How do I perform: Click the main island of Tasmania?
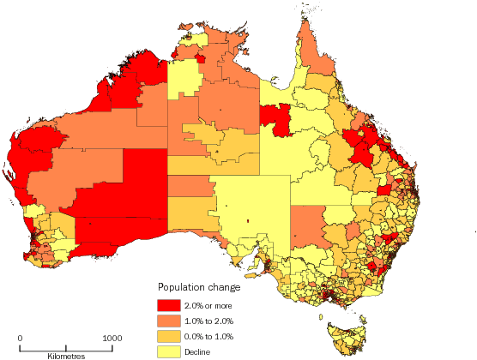347,338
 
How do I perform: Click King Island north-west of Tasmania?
323,315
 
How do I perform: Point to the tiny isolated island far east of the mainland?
474,230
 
